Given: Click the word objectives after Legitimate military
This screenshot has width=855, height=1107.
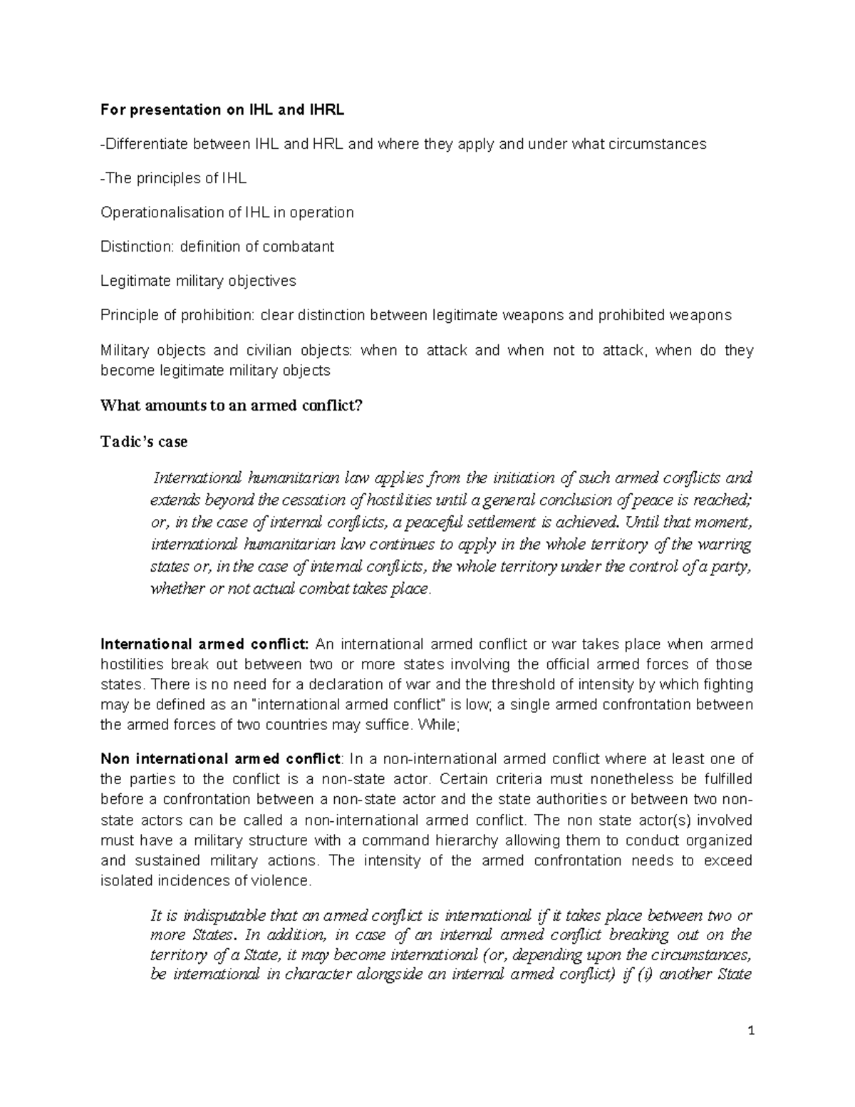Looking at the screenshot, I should (261, 281).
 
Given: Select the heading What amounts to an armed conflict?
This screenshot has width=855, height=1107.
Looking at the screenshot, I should (232, 406).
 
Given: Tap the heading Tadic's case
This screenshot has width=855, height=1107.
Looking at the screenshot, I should (144, 442).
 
